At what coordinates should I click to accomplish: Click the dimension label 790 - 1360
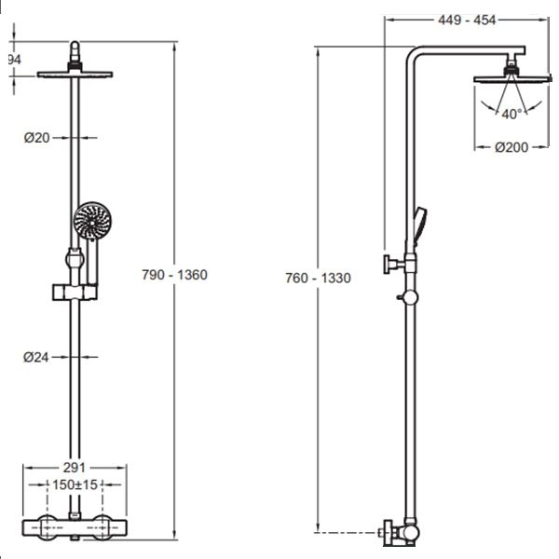(174, 275)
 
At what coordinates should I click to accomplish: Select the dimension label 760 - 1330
(318, 279)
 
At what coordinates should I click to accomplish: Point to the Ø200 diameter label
(511, 147)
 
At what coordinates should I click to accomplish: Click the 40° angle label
(511, 114)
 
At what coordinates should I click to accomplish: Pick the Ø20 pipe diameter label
(36, 138)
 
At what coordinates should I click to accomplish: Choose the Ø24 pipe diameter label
(36, 356)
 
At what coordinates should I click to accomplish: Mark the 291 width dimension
(74, 469)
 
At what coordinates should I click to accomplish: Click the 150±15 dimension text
(75, 485)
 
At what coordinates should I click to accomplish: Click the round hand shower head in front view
(92, 224)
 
